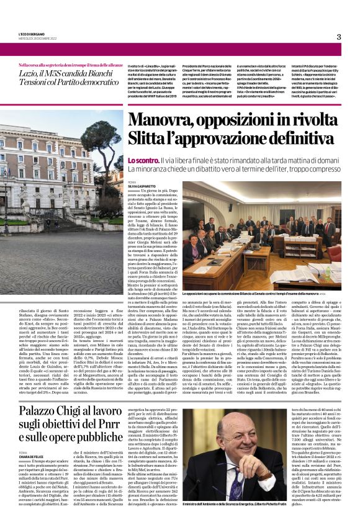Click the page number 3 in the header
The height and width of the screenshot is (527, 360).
point(338,37)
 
